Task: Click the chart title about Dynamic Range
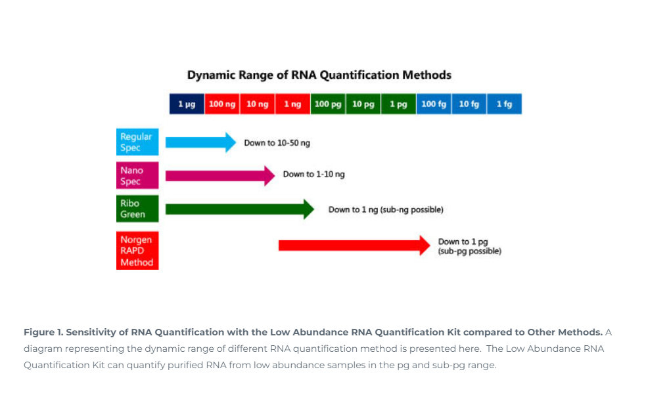pos(319,75)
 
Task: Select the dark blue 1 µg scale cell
pos(187,104)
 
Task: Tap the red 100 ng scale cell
pos(222,104)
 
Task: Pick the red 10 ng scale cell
pos(257,104)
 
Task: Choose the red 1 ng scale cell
pos(292,104)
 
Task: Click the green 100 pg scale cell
pos(328,104)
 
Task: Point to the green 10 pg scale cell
pos(363,104)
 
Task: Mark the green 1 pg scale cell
pos(398,104)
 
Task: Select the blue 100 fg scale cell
pos(434,104)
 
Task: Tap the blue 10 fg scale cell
pos(469,104)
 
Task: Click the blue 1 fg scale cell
pos(504,104)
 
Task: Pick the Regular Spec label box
pos(137,142)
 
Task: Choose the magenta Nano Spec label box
pos(137,175)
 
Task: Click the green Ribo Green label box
pos(137,209)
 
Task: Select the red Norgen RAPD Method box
pos(137,251)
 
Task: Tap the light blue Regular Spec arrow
pos(197,142)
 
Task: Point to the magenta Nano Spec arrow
pos(217,175)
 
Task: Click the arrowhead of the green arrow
pos(308,209)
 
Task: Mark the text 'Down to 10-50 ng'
pos(277,143)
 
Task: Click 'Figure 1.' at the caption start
pos(43,332)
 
